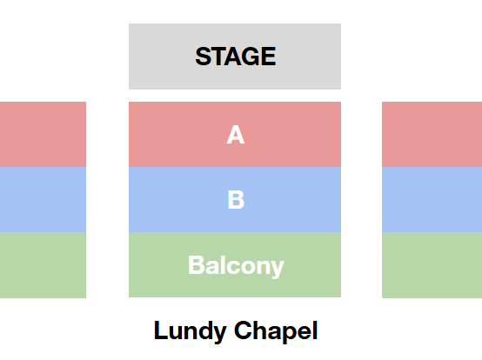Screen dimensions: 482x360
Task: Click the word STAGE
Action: [236, 57]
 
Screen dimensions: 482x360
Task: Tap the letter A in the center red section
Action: [236, 135]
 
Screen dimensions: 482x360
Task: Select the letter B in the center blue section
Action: [236, 200]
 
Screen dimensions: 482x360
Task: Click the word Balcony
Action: [236, 266]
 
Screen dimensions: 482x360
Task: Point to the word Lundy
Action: [191, 331]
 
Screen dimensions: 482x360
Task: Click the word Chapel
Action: [276, 331]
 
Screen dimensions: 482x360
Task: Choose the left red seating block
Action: [43, 134]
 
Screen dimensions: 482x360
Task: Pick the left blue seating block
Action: [43, 200]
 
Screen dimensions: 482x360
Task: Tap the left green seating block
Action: [43, 264]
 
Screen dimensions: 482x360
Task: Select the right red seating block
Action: [432, 134]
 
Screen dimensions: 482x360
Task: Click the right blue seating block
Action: [432, 200]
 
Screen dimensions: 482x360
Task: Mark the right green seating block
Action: [432, 264]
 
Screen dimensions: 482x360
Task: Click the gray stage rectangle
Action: [235, 57]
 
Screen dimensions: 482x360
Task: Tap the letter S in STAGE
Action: [204, 57]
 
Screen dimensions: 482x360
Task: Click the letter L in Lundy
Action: [160, 330]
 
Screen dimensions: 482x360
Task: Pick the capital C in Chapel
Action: [243, 330]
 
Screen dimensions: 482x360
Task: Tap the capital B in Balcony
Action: [196, 264]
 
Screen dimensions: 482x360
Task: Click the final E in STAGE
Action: [269, 57]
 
